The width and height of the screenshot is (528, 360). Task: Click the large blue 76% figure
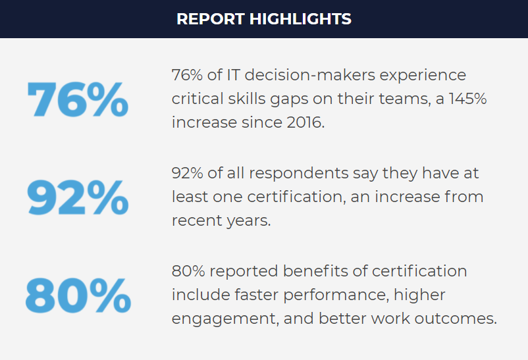click(x=78, y=99)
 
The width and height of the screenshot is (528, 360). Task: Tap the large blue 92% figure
click(x=78, y=197)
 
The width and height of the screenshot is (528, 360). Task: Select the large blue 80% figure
click(x=78, y=296)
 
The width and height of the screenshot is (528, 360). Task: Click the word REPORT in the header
click(x=210, y=19)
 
